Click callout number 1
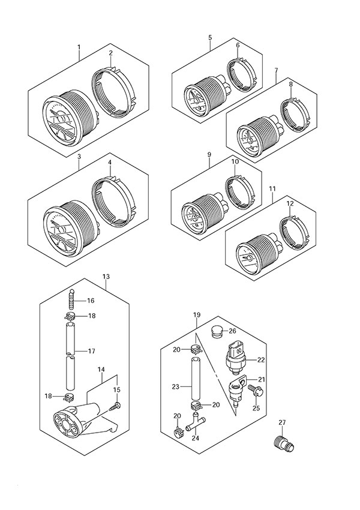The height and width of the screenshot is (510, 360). (x=79, y=47)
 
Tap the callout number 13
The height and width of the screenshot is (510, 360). (x=106, y=277)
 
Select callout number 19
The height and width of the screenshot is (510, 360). (x=196, y=315)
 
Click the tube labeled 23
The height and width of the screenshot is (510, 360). (x=195, y=380)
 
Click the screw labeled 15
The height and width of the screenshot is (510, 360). (x=114, y=407)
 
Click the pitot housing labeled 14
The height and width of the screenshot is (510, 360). (x=73, y=421)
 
